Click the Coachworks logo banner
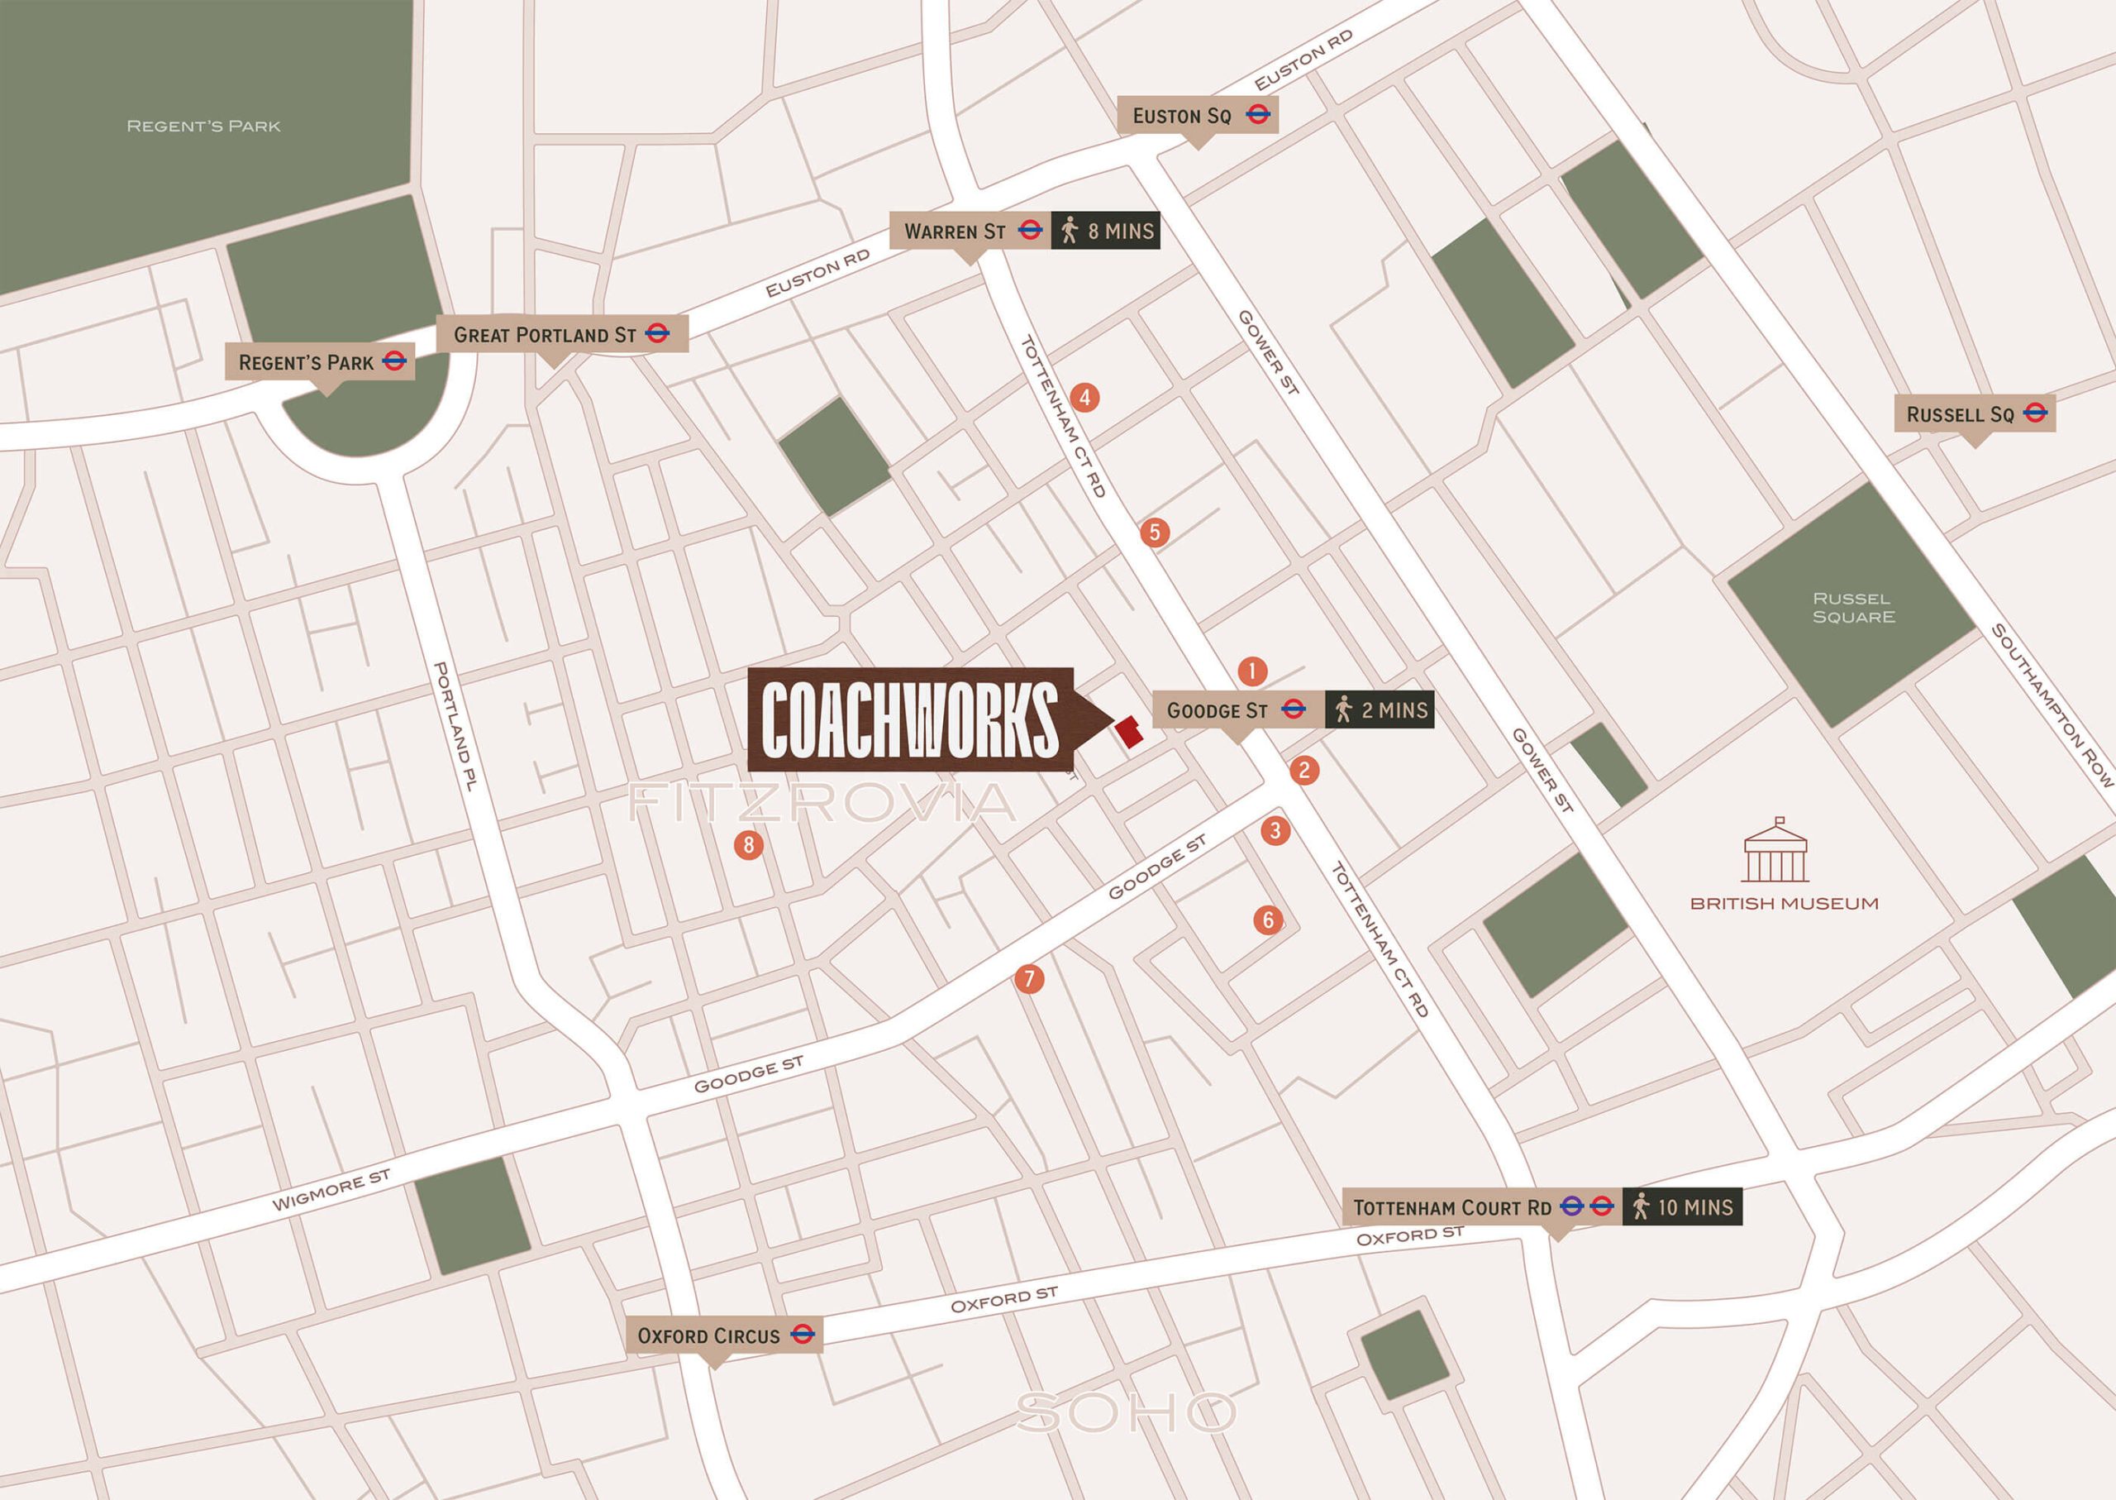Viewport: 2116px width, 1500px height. [911, 719]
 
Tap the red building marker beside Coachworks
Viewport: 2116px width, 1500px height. [1129, 732]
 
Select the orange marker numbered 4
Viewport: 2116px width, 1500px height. [1084, 398]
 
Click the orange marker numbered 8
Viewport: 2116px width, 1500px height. [749, 844]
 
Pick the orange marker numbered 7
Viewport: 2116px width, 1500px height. [1029, 979]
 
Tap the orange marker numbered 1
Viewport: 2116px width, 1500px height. [1252, 671]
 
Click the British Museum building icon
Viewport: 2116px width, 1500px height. [1775, 852]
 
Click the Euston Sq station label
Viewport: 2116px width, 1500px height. [1198, 116]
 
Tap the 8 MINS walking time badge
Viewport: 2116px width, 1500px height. [1105, 231]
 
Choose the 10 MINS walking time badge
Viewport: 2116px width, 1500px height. [1681, 1207]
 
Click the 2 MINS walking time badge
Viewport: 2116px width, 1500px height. [1380, 710]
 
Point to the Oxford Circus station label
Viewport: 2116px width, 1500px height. [724, 1335]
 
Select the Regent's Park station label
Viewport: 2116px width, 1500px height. [319, 362]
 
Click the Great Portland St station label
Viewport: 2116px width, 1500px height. [560, 334]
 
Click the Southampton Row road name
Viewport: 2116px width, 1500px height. [2052, 705]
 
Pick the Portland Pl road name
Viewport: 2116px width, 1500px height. [455, 726]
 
